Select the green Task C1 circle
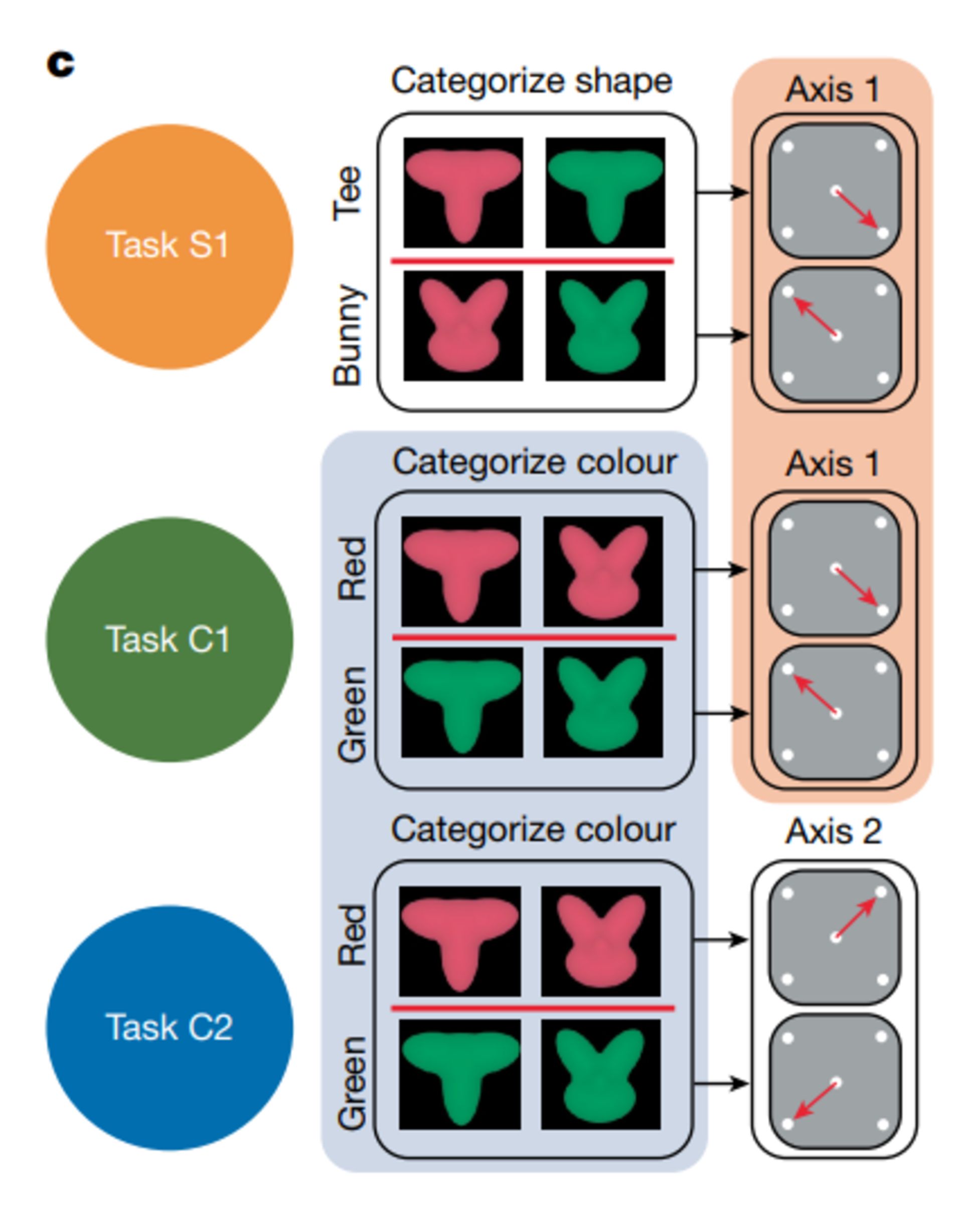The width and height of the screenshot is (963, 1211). coord(169,639)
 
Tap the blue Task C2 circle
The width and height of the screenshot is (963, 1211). coord(169,1027)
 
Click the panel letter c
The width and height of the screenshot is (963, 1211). coord(60,64)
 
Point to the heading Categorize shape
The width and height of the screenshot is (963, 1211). coord(531,81)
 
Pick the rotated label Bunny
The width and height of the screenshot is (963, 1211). coord(347,335)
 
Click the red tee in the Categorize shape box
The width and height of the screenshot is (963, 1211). coord(463,192)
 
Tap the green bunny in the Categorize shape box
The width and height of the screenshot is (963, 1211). coord(604,326)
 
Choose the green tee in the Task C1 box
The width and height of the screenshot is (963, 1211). coord(462,702)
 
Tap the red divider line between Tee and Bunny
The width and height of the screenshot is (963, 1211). coord(532,261)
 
